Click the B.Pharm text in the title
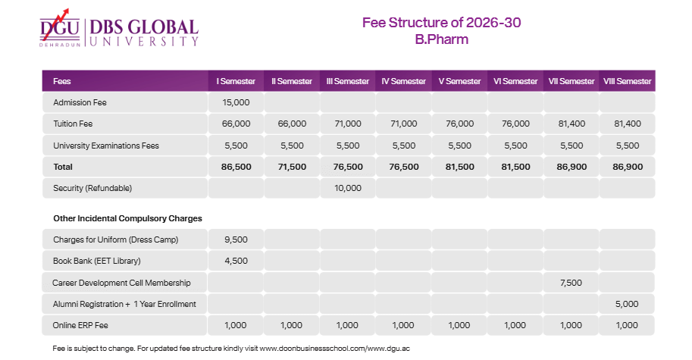pyautogui.click(x=441, y=39)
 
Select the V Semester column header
pyautogui.click(x=459, y=81)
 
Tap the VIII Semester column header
pyautogui.click(x=627, y=81)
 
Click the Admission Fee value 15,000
pyautogui.click(x=236, y=102)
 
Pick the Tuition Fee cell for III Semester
pyautogui.click(x=348, y=124)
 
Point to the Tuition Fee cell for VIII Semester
pyautogui.click(x=627, y=124)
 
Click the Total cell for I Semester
pyautogui.click(x=236, y=167)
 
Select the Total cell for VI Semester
pyautogui.click(x=515, y=167)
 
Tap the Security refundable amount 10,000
pyautogui.click(x=348, y=188)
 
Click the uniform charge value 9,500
pyautogui.click(x=236, y=240)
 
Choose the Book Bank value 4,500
pyautogui.click(x=236, y=261)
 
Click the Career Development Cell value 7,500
pyautogui.click(x=571, y=283)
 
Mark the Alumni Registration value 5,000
pyautogui.click(x=627, y=304)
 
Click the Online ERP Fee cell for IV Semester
pyautogui.click(x=403, y=325)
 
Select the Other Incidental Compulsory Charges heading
pyautogui.click(x=127, y=218)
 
